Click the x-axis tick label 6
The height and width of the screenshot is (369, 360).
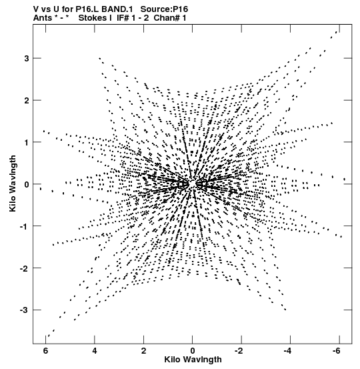[45, 351]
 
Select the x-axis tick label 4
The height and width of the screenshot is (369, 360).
[95, 351]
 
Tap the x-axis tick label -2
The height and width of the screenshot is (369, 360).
[239, 351]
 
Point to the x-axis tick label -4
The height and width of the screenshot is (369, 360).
[287, 351]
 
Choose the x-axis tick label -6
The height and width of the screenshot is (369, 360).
[337, 351]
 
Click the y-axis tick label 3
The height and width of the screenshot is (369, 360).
[27, 58]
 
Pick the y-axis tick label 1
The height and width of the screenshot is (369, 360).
[27, 142]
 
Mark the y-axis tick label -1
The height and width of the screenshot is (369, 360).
[24, 226]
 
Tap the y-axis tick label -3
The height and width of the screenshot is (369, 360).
[24, 310]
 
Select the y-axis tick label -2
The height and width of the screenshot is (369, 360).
[24, 268]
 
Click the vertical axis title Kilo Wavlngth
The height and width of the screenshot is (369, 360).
[13, 183]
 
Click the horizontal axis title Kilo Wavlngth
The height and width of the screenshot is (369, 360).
[193, 360]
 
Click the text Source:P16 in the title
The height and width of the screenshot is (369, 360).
[164, 9]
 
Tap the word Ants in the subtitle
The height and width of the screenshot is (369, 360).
[43, 17]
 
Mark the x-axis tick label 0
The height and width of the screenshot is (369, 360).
[193, 351]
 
